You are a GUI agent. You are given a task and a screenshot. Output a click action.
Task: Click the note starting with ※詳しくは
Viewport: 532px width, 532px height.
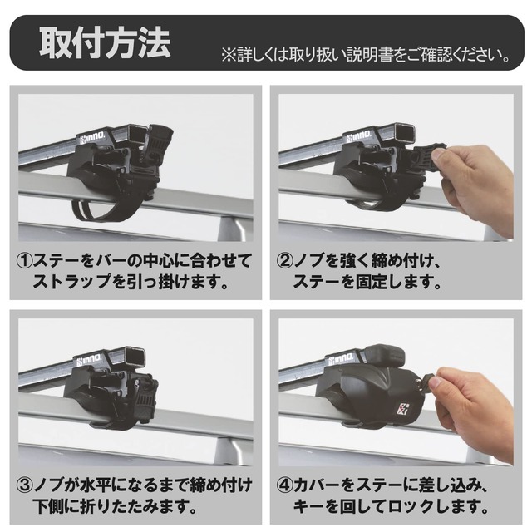tap(366, 56)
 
